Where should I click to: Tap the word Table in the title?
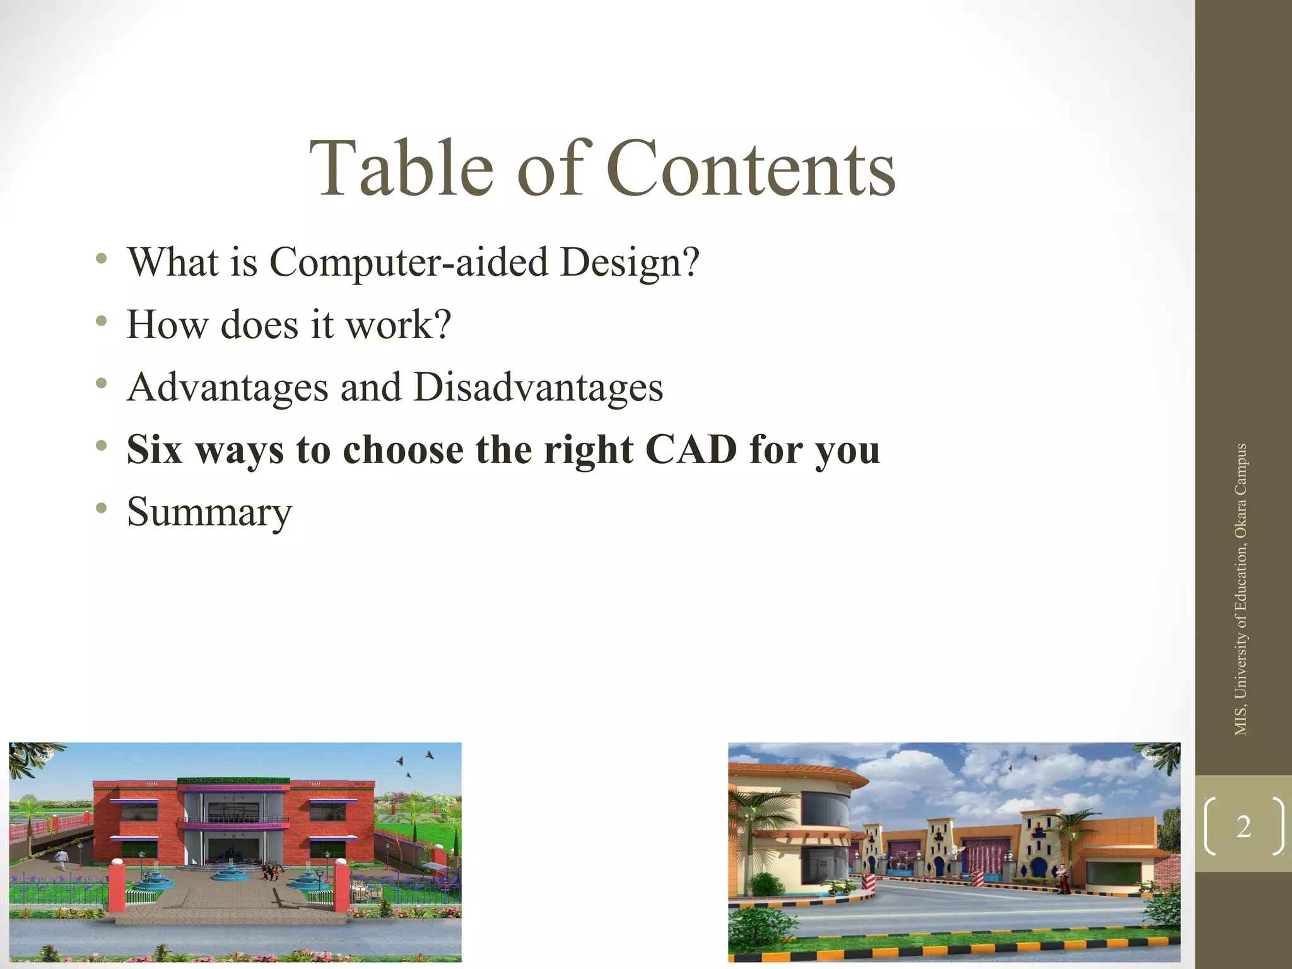401,169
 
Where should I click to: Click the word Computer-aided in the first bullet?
408,262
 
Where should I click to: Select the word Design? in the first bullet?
630,262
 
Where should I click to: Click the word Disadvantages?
538,387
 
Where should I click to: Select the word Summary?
209,512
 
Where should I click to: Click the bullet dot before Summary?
101,508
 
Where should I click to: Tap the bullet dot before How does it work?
101,321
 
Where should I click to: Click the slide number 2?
1243,827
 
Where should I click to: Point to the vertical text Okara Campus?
1241,492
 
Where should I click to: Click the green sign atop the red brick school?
234,781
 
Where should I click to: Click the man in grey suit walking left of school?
61,859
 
